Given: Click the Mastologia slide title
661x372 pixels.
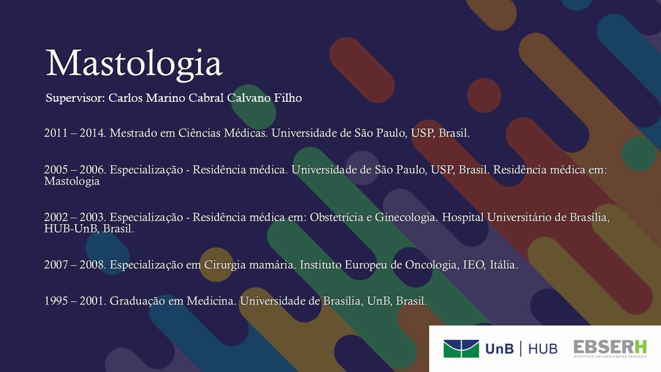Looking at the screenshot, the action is tap(133, 64).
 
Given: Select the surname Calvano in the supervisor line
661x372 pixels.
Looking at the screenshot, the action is tap(249, 98).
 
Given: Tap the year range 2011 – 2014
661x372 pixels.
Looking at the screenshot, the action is tap(75, 133).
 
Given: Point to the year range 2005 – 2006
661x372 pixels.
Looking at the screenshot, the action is tap(75, 170).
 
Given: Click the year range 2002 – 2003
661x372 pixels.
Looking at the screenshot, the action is tap(75, 217).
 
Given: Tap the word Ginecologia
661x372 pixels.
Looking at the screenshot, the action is tap(406, 218).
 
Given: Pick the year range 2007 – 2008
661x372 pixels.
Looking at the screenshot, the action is tap(75, 265).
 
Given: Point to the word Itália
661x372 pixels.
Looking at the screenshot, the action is tap(504, 265).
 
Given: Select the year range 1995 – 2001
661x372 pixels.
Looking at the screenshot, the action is tap(75, 301).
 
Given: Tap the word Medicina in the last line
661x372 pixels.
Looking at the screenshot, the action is tap(212, 301).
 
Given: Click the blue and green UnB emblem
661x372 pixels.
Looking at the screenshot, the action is tap(461, 349).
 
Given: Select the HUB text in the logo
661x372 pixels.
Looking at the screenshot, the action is tap(543, 349).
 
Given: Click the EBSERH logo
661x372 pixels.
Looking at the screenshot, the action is tap(610, 348).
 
